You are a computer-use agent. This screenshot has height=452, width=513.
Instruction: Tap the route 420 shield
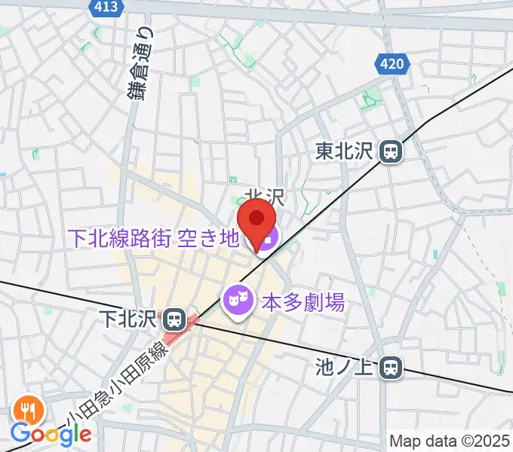(392, 65)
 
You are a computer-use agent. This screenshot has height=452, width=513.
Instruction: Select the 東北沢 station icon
(391, 152)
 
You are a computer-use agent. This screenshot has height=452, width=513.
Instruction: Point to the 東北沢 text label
(345, 152)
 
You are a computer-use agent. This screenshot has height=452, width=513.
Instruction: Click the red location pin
(256, 224)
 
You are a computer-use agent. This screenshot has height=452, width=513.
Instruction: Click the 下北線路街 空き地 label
(154, 239)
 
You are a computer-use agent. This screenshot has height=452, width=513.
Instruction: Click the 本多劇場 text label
(303, 304)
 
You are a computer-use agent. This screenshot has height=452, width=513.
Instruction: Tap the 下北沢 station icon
(175, 319)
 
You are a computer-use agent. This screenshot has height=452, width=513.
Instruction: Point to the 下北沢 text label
(134, 319)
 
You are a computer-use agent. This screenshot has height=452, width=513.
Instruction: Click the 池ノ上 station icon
(390, 368)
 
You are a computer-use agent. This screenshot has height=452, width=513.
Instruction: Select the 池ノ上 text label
(345, 368)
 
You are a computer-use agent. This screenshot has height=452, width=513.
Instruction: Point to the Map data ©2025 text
(450, 441)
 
